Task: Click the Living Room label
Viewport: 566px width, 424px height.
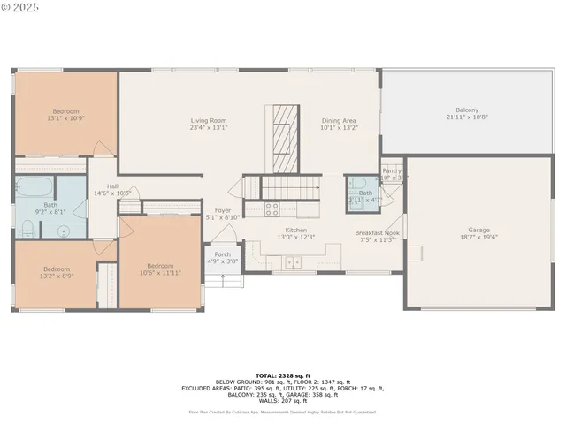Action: click(x=209, y=120)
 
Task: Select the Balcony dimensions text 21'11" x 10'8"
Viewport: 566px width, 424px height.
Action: click(x=467, y=117)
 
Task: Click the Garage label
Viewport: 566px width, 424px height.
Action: click(x=478, y=229)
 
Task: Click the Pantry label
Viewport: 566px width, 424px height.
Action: click(x=392, y=170)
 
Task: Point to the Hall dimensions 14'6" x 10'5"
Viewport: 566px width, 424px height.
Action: click(x=112, y=193)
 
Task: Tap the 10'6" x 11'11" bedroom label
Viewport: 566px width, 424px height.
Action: click(x=160, y=266)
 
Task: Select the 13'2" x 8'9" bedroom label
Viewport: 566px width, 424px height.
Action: click(x=57, y=269)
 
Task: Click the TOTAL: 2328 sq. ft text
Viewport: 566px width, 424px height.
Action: click(x=282, y=376)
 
